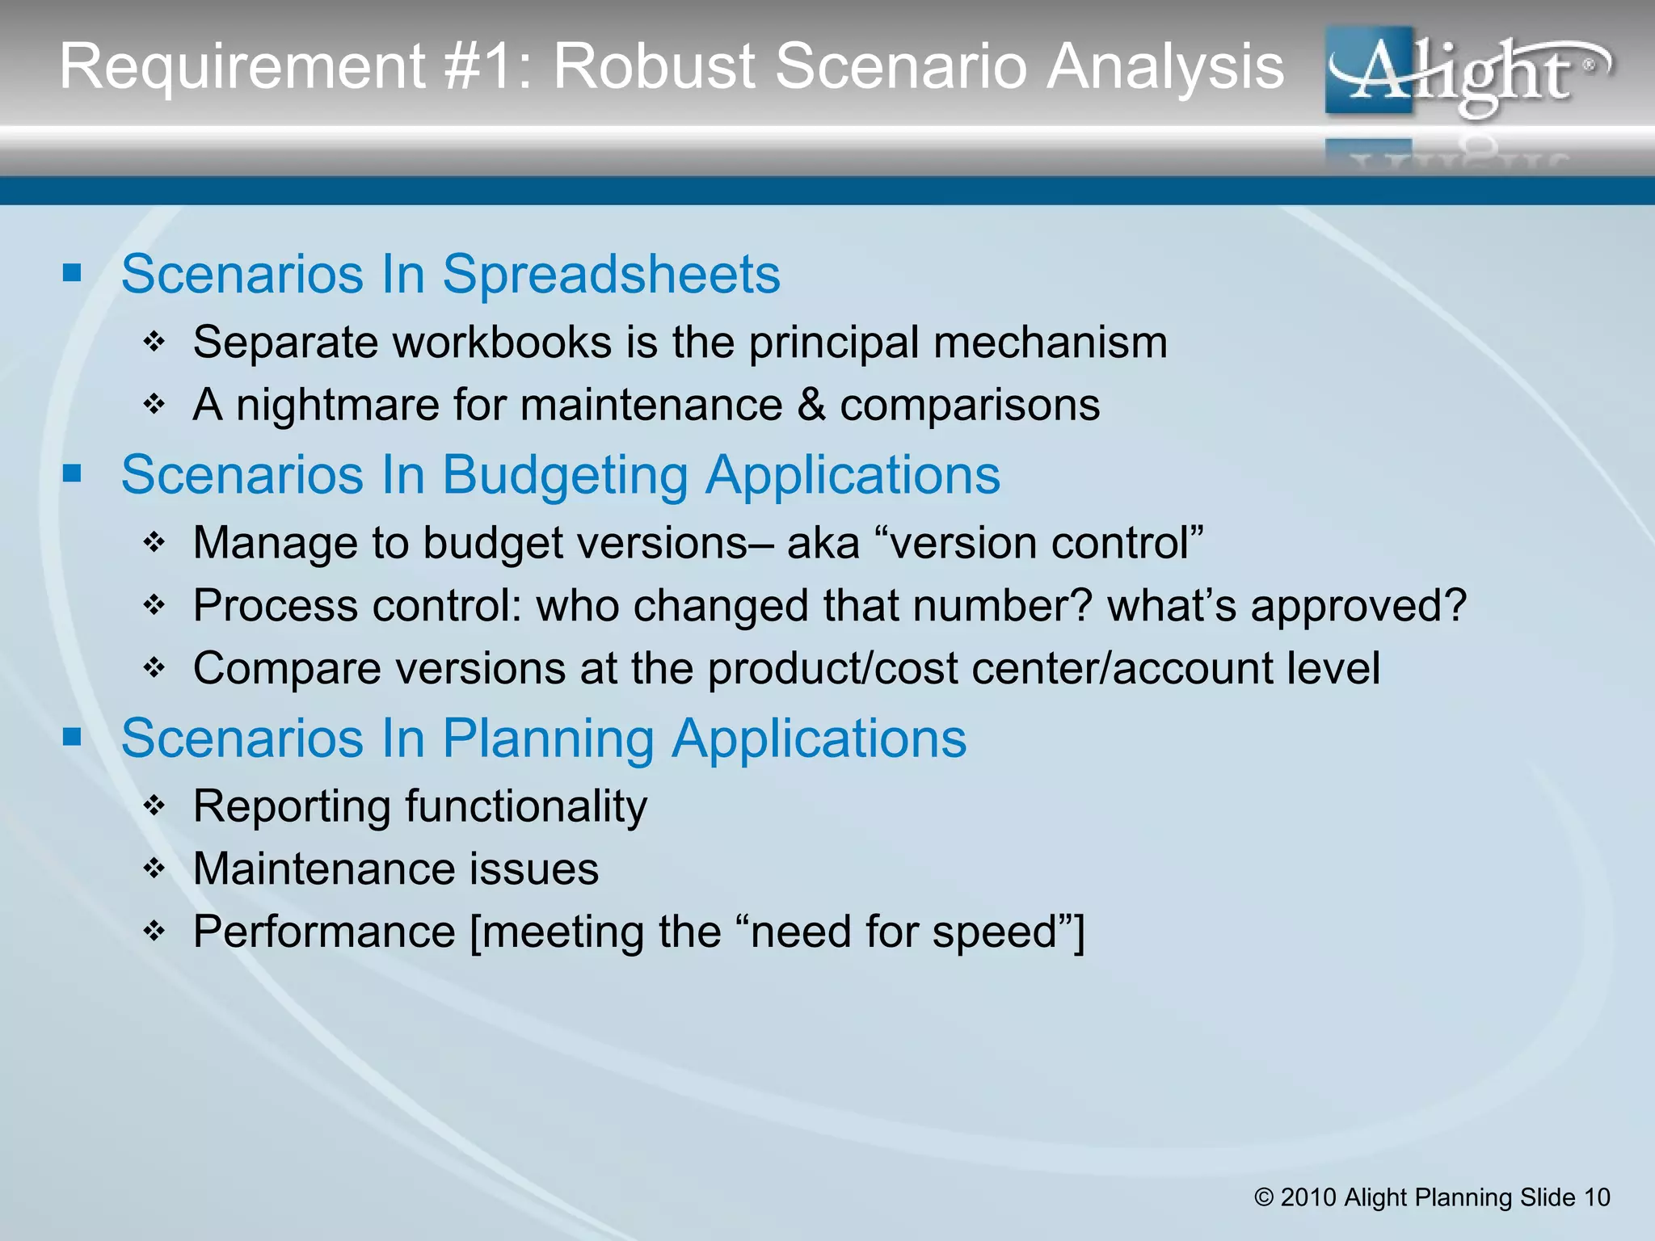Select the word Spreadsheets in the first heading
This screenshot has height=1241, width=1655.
[x=611, y=275]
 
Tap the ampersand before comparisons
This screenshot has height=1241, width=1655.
[x=811, y=405]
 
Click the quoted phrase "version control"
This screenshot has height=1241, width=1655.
[x=1042, y=543]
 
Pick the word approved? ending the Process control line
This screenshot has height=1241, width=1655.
[x=1358, y=606]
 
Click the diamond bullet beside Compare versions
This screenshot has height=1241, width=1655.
[x=154, y=667]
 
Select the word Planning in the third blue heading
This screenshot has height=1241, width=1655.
[x=548, y=738]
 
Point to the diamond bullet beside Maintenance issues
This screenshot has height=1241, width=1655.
[x=154, y=869]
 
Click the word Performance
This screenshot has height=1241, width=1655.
[x=324, y=932]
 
